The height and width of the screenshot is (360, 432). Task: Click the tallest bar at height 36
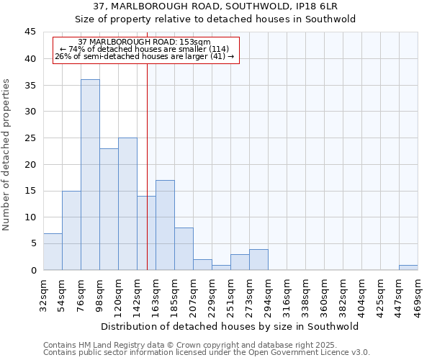tap(90, 174)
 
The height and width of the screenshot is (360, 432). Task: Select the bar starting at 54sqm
tap(71, 230)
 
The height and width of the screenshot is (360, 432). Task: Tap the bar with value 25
tap(127, 204)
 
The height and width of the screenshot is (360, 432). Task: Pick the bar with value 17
tap(165, 225)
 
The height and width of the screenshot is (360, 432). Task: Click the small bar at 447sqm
tap(408, 267)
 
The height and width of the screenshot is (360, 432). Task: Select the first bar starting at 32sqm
tap(53, 251)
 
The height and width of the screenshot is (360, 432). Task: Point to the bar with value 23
tap(109, 209)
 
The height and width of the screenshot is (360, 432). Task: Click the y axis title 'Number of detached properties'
tap(7, 155)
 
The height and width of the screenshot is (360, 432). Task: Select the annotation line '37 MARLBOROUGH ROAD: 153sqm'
tap(144, 42)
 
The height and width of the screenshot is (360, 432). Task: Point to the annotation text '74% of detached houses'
tap(144, 49)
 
